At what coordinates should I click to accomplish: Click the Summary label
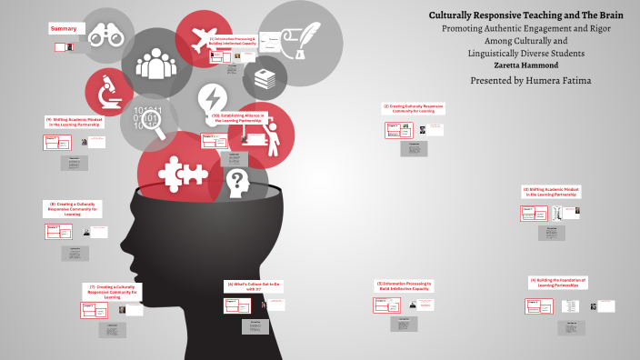pos(64,29)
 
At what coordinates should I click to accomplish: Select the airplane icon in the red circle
pos(205,40)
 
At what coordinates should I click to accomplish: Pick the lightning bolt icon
pos(212,97)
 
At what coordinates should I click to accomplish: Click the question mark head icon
pos(237,181)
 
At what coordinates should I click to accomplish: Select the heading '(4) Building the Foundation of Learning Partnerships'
pos(557,283)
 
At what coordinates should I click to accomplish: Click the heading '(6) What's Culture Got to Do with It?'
pos(255,286)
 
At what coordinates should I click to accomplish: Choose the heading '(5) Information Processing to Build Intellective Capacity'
pos(405,286)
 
